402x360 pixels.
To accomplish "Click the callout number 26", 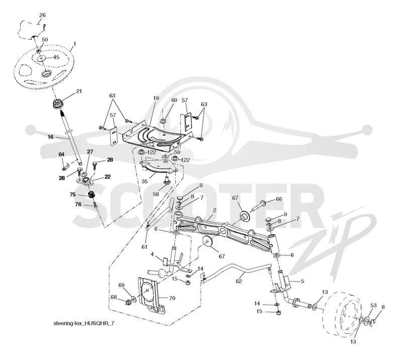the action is pos(42,15).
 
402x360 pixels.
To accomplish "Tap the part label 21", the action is pos(79,91).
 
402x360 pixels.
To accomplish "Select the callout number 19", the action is pos(156,98).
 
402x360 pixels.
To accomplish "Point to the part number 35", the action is pos(145,182).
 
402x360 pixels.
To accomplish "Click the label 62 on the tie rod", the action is pos(239,281).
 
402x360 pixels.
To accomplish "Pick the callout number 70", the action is pos(172,298).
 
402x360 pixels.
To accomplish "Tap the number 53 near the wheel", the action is pos(373,305).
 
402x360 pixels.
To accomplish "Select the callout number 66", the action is pos(279,199).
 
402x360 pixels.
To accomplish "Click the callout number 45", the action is pos(56,57).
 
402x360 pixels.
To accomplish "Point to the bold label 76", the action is pos(78,204).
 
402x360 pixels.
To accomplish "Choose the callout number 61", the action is pos(144,247).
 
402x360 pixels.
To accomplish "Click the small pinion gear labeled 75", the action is pos(91,195).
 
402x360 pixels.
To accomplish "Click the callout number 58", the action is pos(156,194).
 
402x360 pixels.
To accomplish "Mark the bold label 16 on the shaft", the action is pos(51,137).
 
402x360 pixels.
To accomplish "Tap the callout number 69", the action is pos(121,285).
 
